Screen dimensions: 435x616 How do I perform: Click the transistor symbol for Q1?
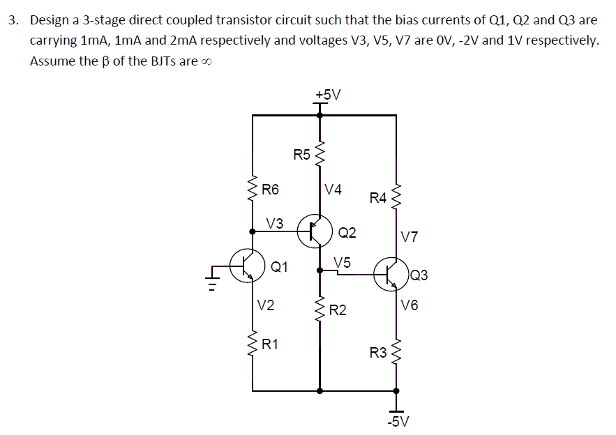(x=248, y=266)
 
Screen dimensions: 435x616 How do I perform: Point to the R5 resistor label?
(x=301, y=154)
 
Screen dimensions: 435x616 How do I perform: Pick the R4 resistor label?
(x=377, y=199)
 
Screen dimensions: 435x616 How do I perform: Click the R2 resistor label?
(x=338, y=310)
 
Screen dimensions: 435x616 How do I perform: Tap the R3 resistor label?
(x=377, y=353)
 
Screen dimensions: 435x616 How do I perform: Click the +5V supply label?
(x=327, y=94)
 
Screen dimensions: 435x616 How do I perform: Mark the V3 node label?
(x=275, y=223)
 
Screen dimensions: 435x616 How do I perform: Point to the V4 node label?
(x=333, y=189)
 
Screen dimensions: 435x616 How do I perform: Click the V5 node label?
(x=342, y=263)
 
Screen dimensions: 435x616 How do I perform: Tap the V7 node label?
(x=410, y=237)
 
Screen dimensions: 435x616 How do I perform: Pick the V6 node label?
(x=410, y=305)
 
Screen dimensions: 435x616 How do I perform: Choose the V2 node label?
(x=265, y=305)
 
